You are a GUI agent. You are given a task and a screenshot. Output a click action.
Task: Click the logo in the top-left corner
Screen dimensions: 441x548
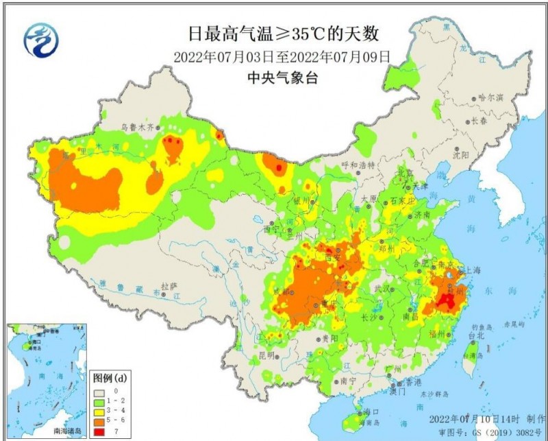coord(41,39)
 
